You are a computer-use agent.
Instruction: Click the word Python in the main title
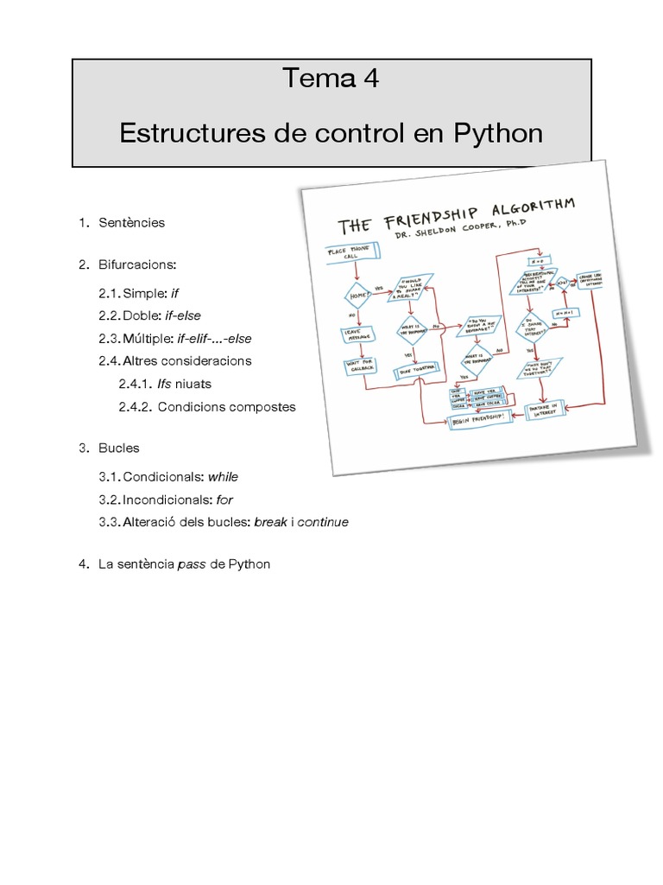tap(501, 133)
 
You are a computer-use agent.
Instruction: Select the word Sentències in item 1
tap(132, 222)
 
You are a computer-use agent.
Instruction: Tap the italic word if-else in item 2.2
tap(182, 315)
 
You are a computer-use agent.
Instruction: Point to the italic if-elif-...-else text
tap(214, 339)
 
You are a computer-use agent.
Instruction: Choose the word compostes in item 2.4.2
tap(262, 406)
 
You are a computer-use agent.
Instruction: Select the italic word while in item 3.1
tap(223, 476)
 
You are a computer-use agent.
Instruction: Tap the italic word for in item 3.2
tap(224, 500)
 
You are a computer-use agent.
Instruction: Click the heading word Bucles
tap(119, 449)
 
